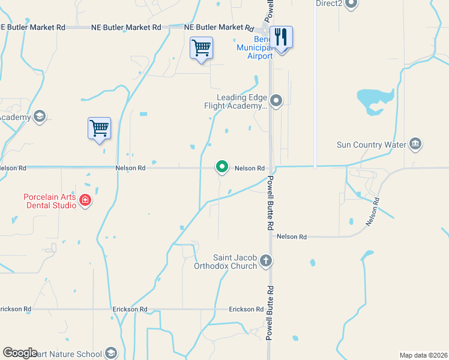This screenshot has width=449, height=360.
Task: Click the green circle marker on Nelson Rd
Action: click(x=222, y=167)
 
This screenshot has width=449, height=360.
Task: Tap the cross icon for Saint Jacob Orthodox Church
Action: click(x=266, y=261)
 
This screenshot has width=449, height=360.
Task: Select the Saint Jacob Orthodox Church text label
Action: click(x=226, y=262)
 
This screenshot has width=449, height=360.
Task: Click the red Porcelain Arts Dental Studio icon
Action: click(x=85, y=200)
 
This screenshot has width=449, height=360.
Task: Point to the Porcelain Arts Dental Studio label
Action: click(x=50, y=201)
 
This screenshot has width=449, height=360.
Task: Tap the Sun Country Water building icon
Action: click(x=415, y=144)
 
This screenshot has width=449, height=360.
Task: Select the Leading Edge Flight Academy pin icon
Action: click(x=276, y=100)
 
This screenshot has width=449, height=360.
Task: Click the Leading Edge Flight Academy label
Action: click(x=243, y=102)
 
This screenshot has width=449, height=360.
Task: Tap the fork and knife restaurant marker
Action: click(x=281, y=37)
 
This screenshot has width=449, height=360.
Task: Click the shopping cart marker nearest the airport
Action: click(x=201, y=47)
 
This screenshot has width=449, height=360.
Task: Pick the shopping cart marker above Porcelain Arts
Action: click(x=99, y=128)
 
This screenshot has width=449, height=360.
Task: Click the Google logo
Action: click(x=20, y=353)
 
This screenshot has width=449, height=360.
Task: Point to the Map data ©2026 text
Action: click(x=423, y=355)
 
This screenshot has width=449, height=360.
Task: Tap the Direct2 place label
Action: click(x=329, y=4)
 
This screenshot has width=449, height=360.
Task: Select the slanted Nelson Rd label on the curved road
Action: click(x=373, y=212)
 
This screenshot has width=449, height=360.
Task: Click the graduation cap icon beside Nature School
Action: click(x=110, y=353)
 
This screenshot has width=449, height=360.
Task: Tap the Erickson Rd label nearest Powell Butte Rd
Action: click(x=246, y=310)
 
